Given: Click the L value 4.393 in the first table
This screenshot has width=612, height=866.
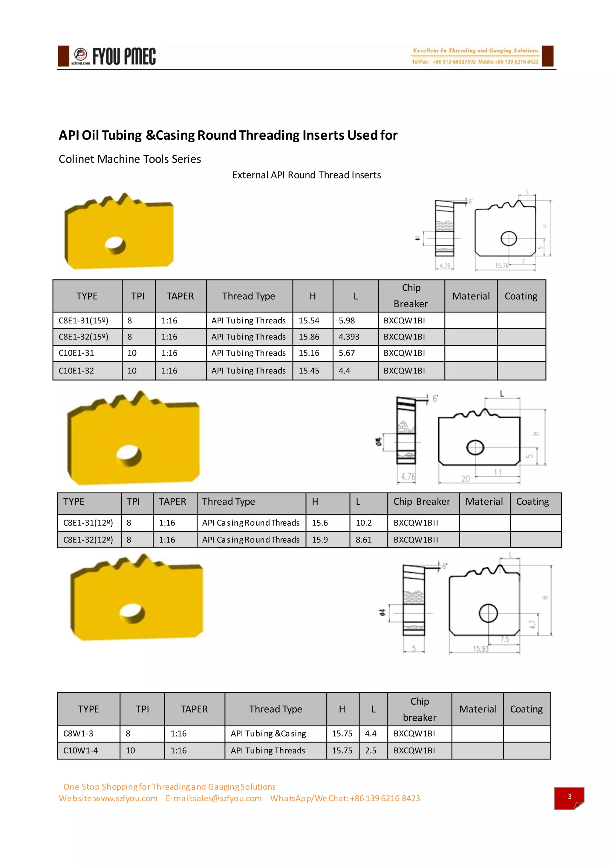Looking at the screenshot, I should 349,337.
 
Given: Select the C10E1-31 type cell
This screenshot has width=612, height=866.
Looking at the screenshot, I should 76,353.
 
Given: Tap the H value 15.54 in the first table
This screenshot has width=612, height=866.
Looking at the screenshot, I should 309,321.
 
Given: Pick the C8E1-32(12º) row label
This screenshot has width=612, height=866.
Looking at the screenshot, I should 88,540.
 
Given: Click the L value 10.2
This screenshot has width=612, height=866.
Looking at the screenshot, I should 363,523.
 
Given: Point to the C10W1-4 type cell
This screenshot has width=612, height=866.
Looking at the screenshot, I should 80,751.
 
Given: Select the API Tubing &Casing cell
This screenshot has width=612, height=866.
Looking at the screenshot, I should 268,734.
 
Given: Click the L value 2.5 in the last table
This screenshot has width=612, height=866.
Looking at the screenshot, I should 371,751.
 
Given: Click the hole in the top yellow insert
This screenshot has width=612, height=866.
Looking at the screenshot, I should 115,245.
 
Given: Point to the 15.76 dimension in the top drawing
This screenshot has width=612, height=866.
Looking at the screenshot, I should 502,266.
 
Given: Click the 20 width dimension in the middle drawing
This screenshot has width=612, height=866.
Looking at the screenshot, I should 466,479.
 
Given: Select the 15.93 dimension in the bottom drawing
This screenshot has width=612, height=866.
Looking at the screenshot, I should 481,649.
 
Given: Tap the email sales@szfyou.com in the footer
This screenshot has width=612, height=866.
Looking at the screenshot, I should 214,798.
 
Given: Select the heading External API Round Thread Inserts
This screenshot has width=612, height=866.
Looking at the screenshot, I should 306,175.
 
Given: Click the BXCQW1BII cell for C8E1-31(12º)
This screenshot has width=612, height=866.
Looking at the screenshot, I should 416,523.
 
